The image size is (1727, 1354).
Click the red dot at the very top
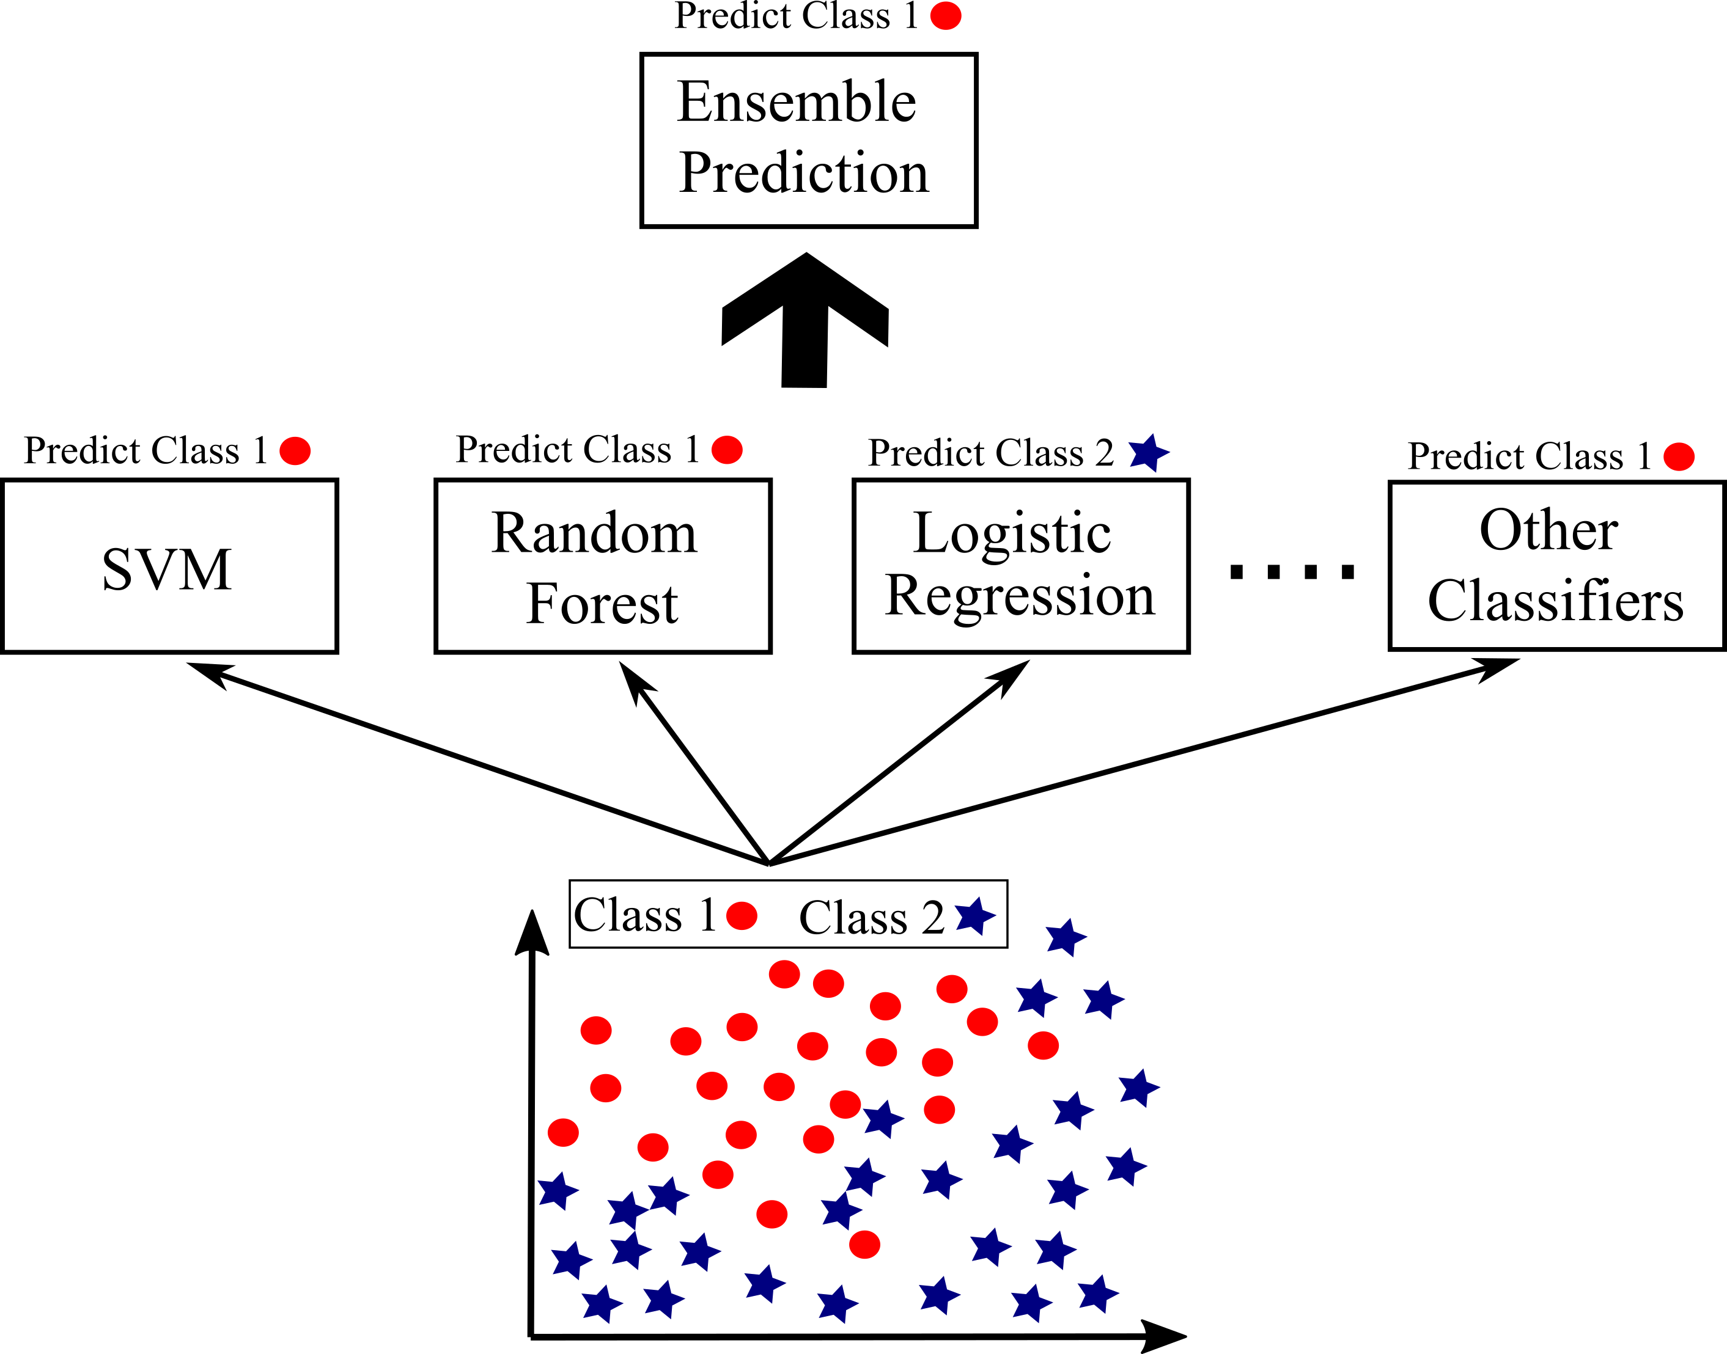[945, 16]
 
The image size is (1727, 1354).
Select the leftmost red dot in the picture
[295, 451]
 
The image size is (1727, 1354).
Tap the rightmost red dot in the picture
[1679, 456]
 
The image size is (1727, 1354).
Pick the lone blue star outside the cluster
[1147, 453]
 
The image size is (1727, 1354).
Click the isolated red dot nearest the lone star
[727, 450]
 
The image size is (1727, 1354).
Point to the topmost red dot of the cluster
[742, 916]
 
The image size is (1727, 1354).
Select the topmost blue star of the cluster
[974, 917]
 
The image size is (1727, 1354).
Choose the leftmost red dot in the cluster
[563, 1133]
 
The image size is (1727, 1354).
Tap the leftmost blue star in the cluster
[558, 1191]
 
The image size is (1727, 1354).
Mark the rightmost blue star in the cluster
[1139, 1088]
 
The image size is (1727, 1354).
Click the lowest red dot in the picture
[864, 1245]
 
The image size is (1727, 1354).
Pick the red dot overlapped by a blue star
[845, 1104]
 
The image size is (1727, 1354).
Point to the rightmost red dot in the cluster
[1043, 1045]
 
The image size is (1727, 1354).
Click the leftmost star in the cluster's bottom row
[602, 1304]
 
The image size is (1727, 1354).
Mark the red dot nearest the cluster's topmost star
[951, 989]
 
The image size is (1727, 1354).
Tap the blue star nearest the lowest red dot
[840, 1210]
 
